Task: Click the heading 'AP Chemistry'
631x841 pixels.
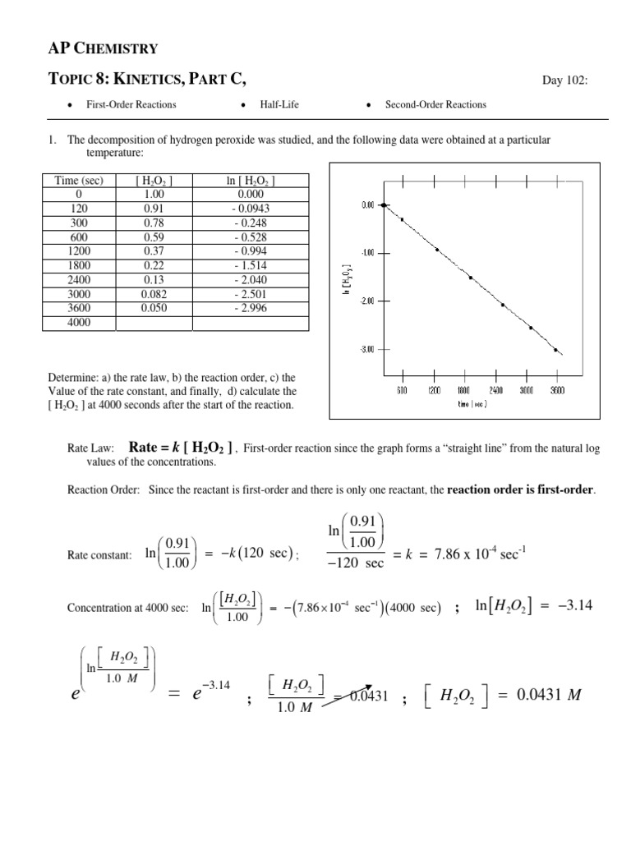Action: point(103,48)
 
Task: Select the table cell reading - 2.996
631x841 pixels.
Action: point(250,309)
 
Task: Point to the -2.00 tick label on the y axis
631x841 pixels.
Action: point(368,301)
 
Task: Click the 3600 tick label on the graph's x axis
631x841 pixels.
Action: point(557,392)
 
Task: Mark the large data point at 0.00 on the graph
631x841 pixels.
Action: point(384,205)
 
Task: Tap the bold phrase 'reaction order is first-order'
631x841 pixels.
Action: point(519,490)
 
